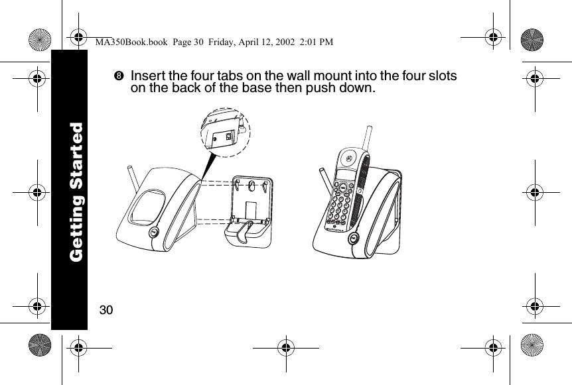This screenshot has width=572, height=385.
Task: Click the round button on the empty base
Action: pos(153,233)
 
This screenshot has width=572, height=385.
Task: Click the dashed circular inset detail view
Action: pos(226,132)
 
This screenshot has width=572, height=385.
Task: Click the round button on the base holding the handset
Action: pos(353,237)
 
